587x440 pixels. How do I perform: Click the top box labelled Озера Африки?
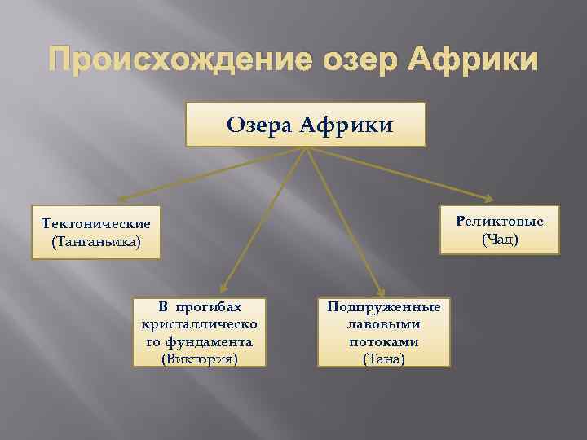tap(305, 125)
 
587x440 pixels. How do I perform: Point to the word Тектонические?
tap(96, 223)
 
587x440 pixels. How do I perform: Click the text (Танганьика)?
tap(96, 242)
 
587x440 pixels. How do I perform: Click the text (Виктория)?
tap(201, 358)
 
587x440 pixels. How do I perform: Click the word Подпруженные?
tap(383, 307)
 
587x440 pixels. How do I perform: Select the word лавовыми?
tap(383, 324)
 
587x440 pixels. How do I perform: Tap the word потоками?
tap(383, 341)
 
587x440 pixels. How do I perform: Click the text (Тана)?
tap(383, 359)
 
